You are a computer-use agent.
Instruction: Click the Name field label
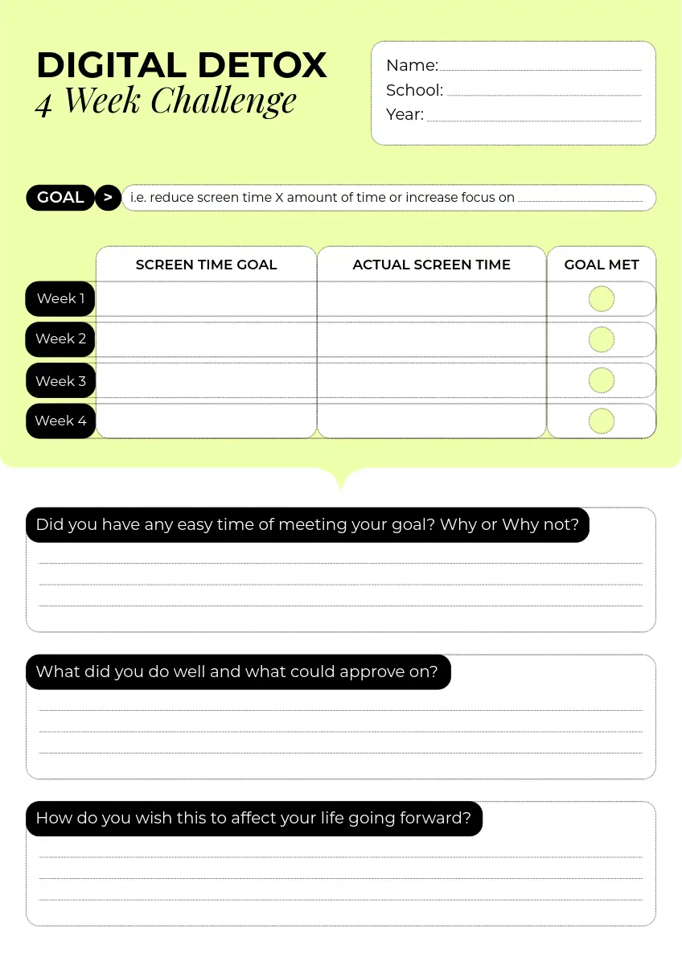412,66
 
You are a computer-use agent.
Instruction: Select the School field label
414,90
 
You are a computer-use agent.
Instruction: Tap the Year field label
405,114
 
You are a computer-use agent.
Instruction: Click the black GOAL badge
60,198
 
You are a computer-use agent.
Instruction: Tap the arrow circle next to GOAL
108,198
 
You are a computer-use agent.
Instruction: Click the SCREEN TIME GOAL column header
206,265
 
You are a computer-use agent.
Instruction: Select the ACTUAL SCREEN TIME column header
431,265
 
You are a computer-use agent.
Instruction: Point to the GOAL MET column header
602,265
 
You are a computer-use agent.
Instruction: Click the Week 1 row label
60,299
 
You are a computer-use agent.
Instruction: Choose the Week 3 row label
60,381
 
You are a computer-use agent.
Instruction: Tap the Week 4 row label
60,421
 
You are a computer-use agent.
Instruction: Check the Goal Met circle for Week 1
602,299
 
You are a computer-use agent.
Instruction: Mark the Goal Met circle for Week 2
602,339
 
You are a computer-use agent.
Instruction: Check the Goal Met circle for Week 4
602,421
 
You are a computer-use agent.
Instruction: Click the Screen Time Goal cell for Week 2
206,339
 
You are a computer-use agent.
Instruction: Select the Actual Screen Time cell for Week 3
431,381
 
